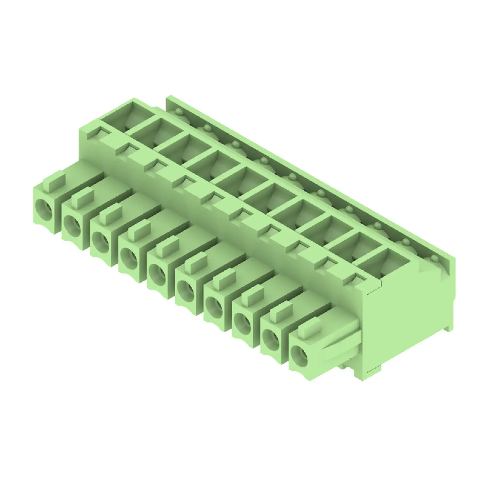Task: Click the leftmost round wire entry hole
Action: (44, 207)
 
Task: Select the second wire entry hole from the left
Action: (72, 223)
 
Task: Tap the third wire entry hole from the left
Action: (101, 239)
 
